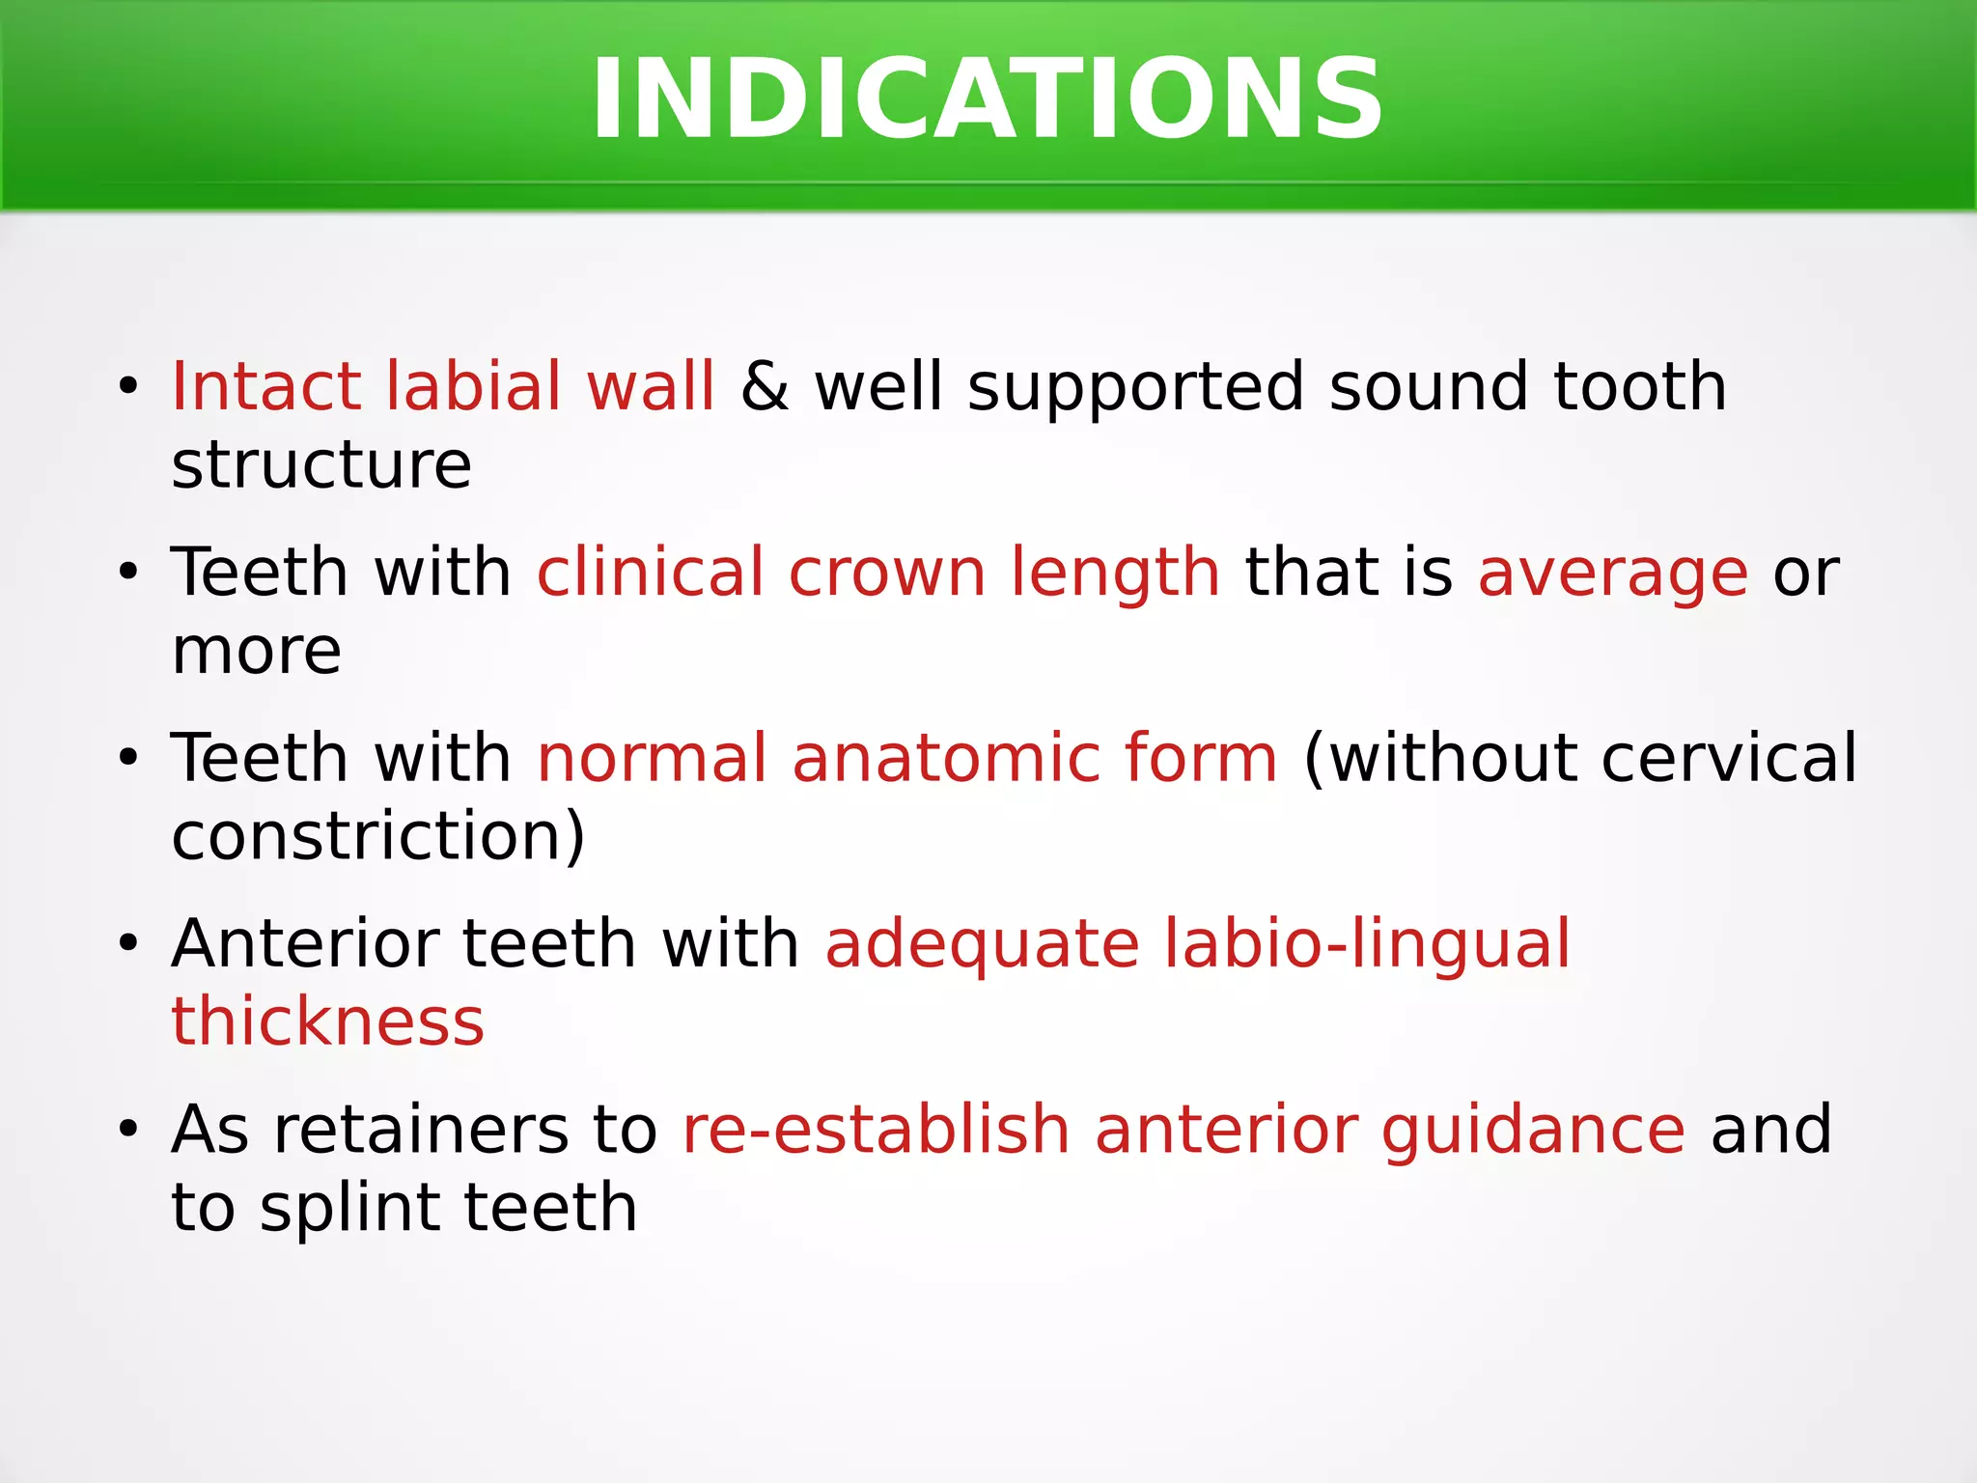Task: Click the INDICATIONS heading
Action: coord(987,99)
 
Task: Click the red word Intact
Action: coord(265,387)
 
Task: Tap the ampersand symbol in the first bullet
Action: coord(765,387)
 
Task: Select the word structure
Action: coord(321,466)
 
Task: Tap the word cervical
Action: coord(1729,758)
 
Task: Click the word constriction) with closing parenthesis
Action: coord(377,836)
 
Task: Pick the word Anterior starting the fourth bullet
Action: coord(306,943)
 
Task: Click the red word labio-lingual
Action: coord(1366,943)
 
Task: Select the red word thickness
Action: coord(327,1022)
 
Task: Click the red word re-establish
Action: coord(876,1130)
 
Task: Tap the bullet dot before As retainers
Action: coord(128,1131)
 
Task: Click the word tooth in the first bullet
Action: coord(1640,387)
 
